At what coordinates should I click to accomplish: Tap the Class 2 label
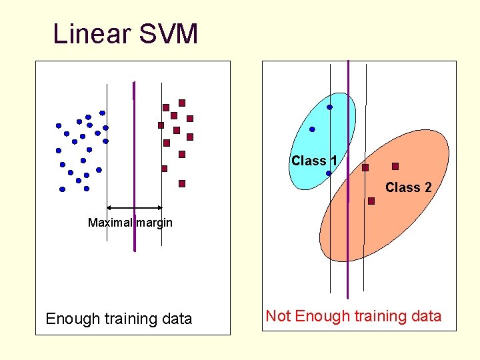point(408,188)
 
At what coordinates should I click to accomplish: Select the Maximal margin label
point(130,223)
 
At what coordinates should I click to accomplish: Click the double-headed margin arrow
point(134,208)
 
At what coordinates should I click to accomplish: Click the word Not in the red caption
point(277,316)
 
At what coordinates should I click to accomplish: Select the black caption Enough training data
point(119,319)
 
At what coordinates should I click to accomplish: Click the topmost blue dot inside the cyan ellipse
point(329,107)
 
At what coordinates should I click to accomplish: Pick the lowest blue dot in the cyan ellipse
point(329,173)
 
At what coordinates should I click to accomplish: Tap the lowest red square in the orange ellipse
point(371,201)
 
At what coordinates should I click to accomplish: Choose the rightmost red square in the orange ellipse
point(395,166)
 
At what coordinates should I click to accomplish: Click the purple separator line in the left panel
point(134,167)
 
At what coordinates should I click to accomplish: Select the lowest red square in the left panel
point(182,183)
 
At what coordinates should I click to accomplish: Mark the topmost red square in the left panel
point(182,103)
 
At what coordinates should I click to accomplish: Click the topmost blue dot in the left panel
point(102,113)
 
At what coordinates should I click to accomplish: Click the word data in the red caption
point(425,316)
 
